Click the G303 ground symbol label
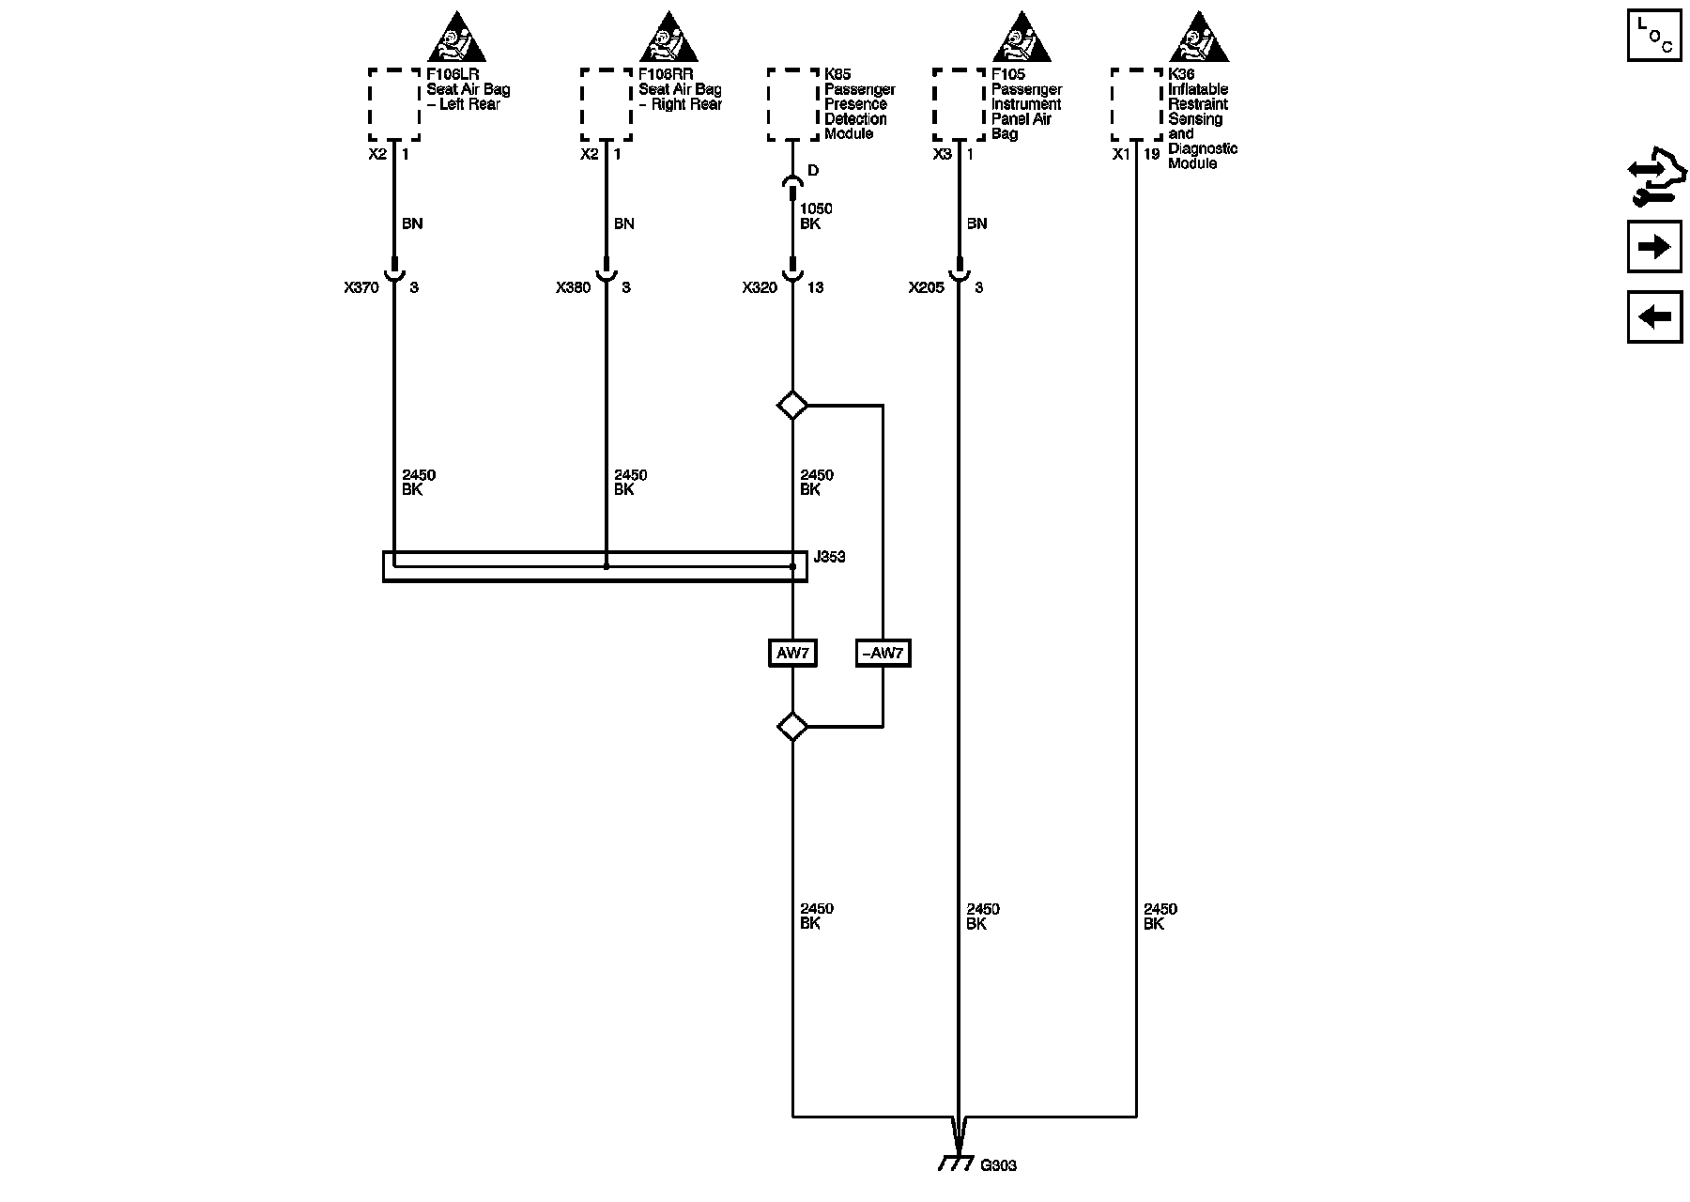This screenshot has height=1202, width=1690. tap(998, 1165)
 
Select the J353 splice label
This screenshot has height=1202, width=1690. tap(829, 557)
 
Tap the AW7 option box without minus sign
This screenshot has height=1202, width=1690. tap(792, 653)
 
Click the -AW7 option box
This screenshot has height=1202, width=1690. tap(883, 653)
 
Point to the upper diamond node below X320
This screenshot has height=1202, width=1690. tap(792, 406)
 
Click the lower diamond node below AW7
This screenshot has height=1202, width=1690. tap(792, 727)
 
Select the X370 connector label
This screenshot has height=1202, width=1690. tap(361, 287)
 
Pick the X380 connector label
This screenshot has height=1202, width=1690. tap(573, 287)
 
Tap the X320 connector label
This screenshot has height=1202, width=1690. tap(760, 287)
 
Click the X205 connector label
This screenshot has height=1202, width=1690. tap(926, 287)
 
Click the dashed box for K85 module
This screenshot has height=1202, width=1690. tap(792, 104)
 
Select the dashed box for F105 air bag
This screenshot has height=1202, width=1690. tap(959, 104)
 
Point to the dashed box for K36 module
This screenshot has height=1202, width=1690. tap(1136, 104)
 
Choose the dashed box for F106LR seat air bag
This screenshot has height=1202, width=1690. tap(393, 104)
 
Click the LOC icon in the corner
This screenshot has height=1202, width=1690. tap(1653, 35)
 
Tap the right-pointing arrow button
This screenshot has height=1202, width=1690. tap(1653, 247)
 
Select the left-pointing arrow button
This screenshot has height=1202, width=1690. tap(1653, 316)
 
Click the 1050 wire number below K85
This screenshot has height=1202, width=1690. tap(816, 208)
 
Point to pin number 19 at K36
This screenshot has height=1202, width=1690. tap(1152, 154)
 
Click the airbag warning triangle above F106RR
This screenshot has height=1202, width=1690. tap(668, 38)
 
